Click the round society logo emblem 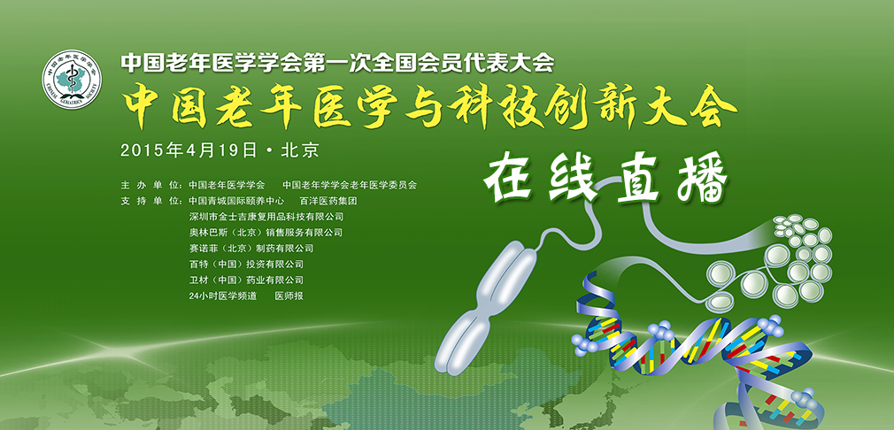(x=72, y=79)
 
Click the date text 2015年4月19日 (x=189, y=150)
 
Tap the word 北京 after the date (x=300, y=150)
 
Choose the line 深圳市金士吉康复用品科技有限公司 (x=266, y=217)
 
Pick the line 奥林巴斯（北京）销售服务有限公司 (x=266, y=233)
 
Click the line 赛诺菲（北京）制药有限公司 (x=251, y=249)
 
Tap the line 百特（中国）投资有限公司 (x=246, y=265)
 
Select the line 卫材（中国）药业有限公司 (x=246, y=280)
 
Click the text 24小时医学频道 (x=223, y=296)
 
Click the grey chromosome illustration (x=490, y=308)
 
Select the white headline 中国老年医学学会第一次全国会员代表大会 (x=337, y=63)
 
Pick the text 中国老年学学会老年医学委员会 (x=350, y=185)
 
